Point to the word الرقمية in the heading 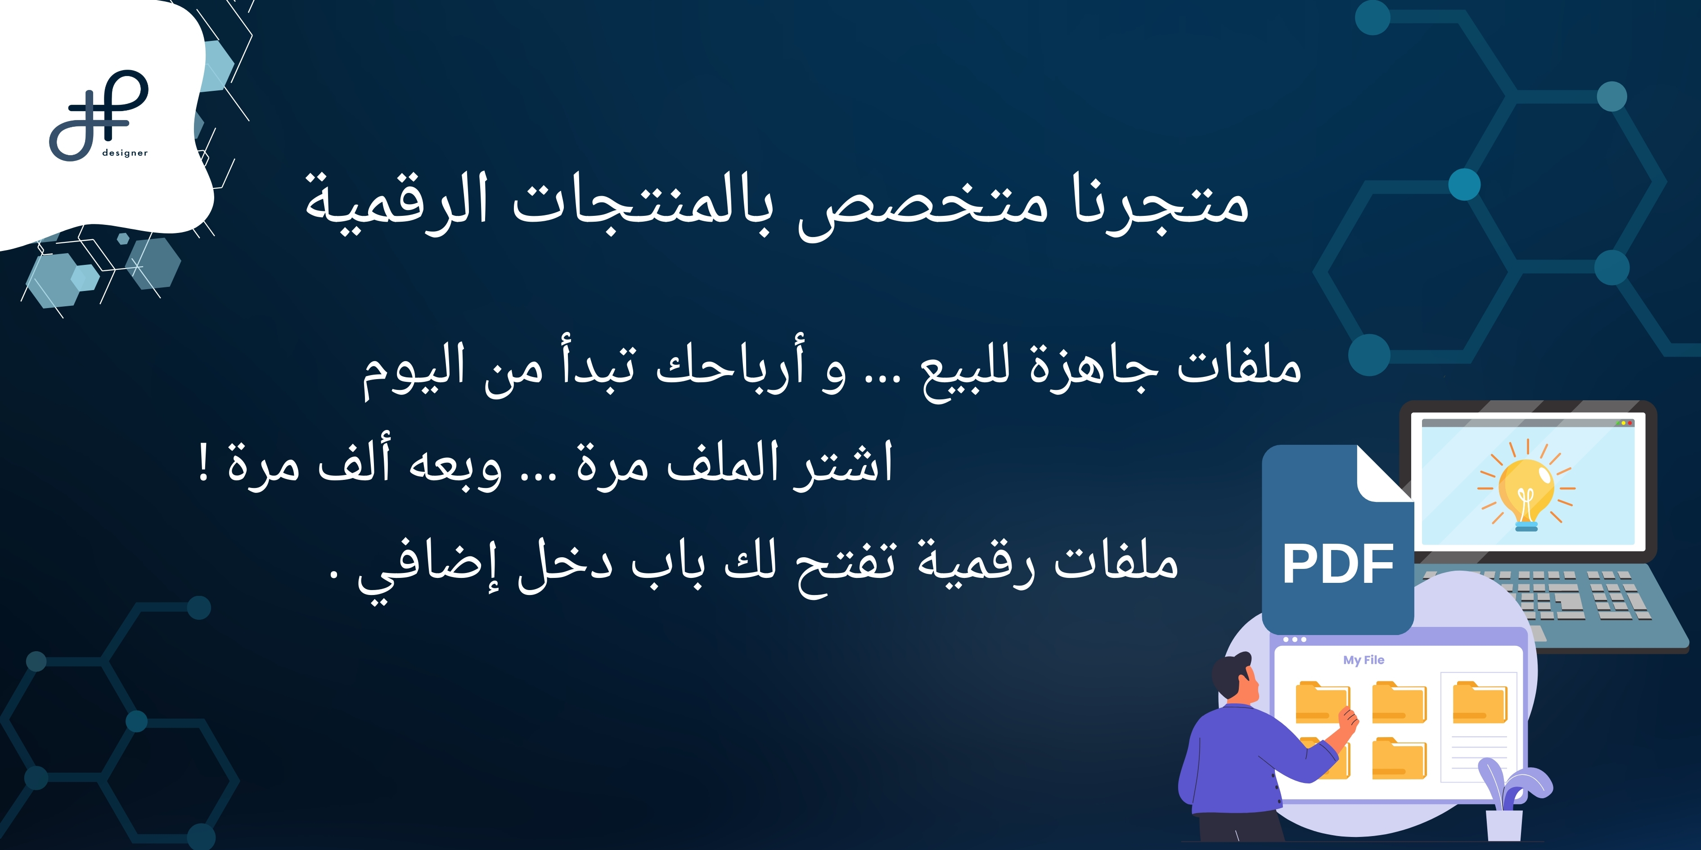click(396, 201)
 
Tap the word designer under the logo click(125, 153)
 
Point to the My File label click(1363, 660)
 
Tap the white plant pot click(1504, 825)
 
